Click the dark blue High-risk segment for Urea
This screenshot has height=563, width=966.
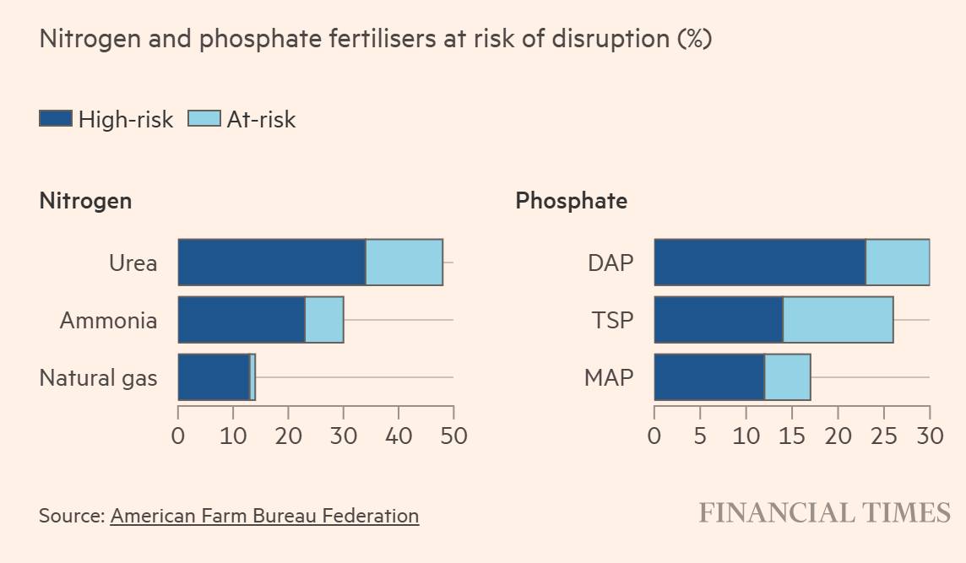coord(271,263)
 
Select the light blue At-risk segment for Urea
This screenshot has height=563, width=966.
coord(404,263)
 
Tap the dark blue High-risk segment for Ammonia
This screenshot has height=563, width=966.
coord(241,319)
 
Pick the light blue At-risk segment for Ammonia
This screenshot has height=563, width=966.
coord(324,319)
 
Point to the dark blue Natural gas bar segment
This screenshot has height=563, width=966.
coord(214,376)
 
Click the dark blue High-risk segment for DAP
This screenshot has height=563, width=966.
coord(759,263)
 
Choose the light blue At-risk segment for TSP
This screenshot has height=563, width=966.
coord(838,319)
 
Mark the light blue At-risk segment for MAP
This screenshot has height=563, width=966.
coord(787,376)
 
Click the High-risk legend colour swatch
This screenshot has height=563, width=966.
coord(56,119)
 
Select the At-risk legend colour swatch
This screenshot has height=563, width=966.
coord(204,119)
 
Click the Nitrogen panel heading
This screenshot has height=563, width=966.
coord(85,201)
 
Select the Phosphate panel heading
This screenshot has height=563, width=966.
coord(571,201)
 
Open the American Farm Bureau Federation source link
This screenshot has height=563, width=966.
coord(264,515)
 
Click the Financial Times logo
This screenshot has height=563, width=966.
coord(824,512)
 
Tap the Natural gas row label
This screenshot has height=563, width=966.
coord(98,377)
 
